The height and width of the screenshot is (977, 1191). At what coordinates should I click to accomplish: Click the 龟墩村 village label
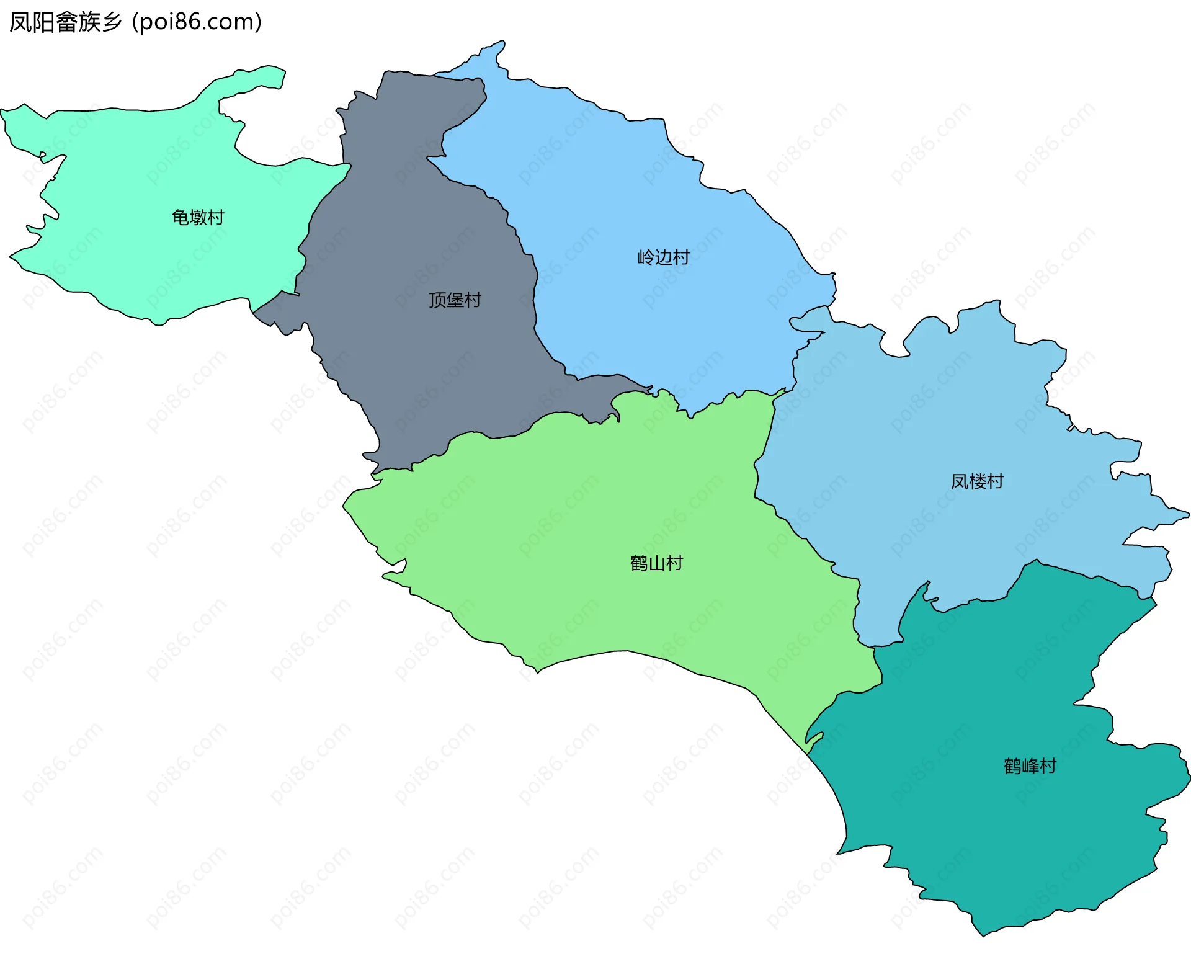click(x=197, y=218)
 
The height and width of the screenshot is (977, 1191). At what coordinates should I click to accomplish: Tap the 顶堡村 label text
click(x=455, y=300)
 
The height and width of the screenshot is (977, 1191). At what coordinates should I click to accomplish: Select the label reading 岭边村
click(x=663, y=257)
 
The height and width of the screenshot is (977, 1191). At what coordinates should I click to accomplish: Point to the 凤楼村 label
click(x=977, y=481)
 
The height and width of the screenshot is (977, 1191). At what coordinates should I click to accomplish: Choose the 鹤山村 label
click(x=656, y=563)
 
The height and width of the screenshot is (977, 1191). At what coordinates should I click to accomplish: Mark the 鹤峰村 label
click(x=1030, y=767)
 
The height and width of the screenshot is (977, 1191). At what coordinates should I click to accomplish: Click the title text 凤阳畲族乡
click(x=66, y=22)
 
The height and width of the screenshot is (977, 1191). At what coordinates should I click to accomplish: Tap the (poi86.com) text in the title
click(x=197, y=22)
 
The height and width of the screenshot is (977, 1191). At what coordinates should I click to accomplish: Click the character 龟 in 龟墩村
click(x=180, y=218)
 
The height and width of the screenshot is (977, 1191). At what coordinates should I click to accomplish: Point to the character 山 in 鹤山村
click(x=656, y=563)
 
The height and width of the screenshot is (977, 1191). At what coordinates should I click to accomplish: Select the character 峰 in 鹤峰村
click(x=1030, y=767)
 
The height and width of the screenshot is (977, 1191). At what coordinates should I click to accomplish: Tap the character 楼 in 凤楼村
click(x=977, y=481)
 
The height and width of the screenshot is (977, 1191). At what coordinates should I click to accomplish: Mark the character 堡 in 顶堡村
click(x=455, y=300)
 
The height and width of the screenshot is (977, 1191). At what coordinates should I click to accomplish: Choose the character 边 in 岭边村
click(x=663, y=257)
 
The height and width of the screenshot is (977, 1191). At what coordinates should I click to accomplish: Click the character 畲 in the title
click(x=66, y=22)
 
